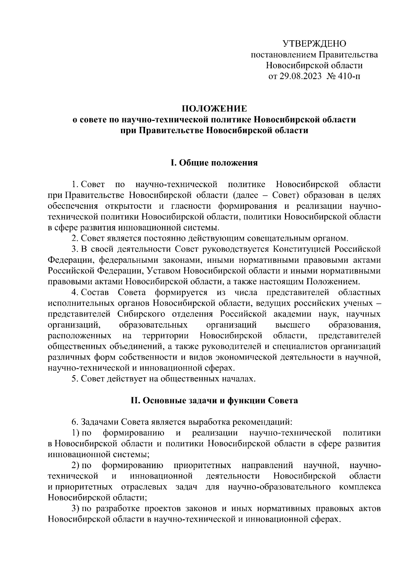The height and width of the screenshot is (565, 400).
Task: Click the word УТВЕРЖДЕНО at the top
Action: [x=314, y=44]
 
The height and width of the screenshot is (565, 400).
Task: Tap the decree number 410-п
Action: [x=349, y=76]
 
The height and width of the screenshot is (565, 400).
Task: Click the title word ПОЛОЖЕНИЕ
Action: [x=214, y=109]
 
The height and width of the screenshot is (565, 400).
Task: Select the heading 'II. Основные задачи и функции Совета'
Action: [x=214, y=401]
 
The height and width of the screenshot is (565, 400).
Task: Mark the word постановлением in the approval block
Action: [x=283, y=55]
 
